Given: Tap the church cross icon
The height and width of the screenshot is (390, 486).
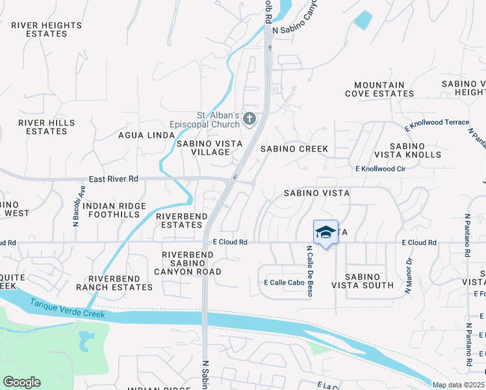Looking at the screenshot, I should (251, 118).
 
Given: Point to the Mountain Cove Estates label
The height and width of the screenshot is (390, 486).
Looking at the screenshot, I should (383, 89).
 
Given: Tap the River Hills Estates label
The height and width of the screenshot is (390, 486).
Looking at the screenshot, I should (46, 127).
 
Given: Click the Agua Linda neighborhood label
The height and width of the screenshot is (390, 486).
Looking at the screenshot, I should (146, 135).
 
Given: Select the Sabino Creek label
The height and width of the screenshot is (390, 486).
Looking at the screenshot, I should (294, 149).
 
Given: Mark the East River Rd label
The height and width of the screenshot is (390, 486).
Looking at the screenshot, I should (114, 179).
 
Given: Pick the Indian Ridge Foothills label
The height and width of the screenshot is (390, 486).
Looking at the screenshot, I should (114, 210).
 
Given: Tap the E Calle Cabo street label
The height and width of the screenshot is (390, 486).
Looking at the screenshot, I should (285, 283).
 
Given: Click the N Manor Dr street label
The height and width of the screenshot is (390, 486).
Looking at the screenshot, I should (409, 276).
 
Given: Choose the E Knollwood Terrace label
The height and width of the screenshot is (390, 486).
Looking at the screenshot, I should (436, 123).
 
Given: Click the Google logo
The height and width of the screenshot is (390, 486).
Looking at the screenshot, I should (21, 382).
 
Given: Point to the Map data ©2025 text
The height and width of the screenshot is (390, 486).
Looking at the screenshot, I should (458, 385).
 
